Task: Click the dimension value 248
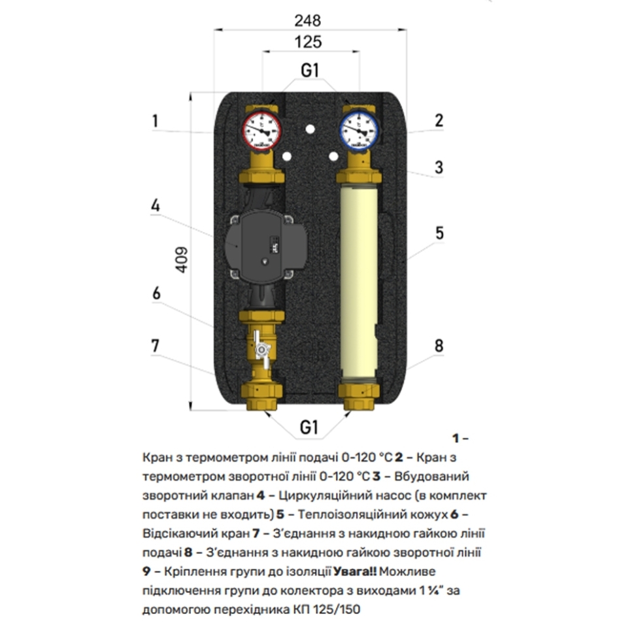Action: [307, 21]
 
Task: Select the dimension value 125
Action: [308, 42]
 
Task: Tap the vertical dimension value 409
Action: [182, 259]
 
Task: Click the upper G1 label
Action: [310, 71]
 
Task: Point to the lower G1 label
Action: [309, 427]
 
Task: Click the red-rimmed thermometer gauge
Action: [261, 131]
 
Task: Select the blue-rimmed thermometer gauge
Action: [359, 131]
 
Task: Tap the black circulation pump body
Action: [264, 246]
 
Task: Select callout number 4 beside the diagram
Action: [156, 206]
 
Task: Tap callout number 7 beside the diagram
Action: [156, 346]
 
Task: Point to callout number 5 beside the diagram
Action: [439, 233]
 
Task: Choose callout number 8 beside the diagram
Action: [439, 346]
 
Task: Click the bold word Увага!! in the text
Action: [355, 572]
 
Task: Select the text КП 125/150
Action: [326, 609]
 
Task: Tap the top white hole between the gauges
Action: [310, 129]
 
